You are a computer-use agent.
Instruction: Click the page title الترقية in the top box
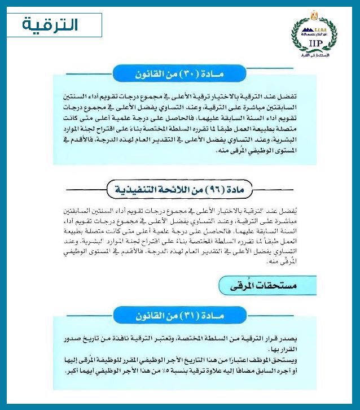click(51, 25)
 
